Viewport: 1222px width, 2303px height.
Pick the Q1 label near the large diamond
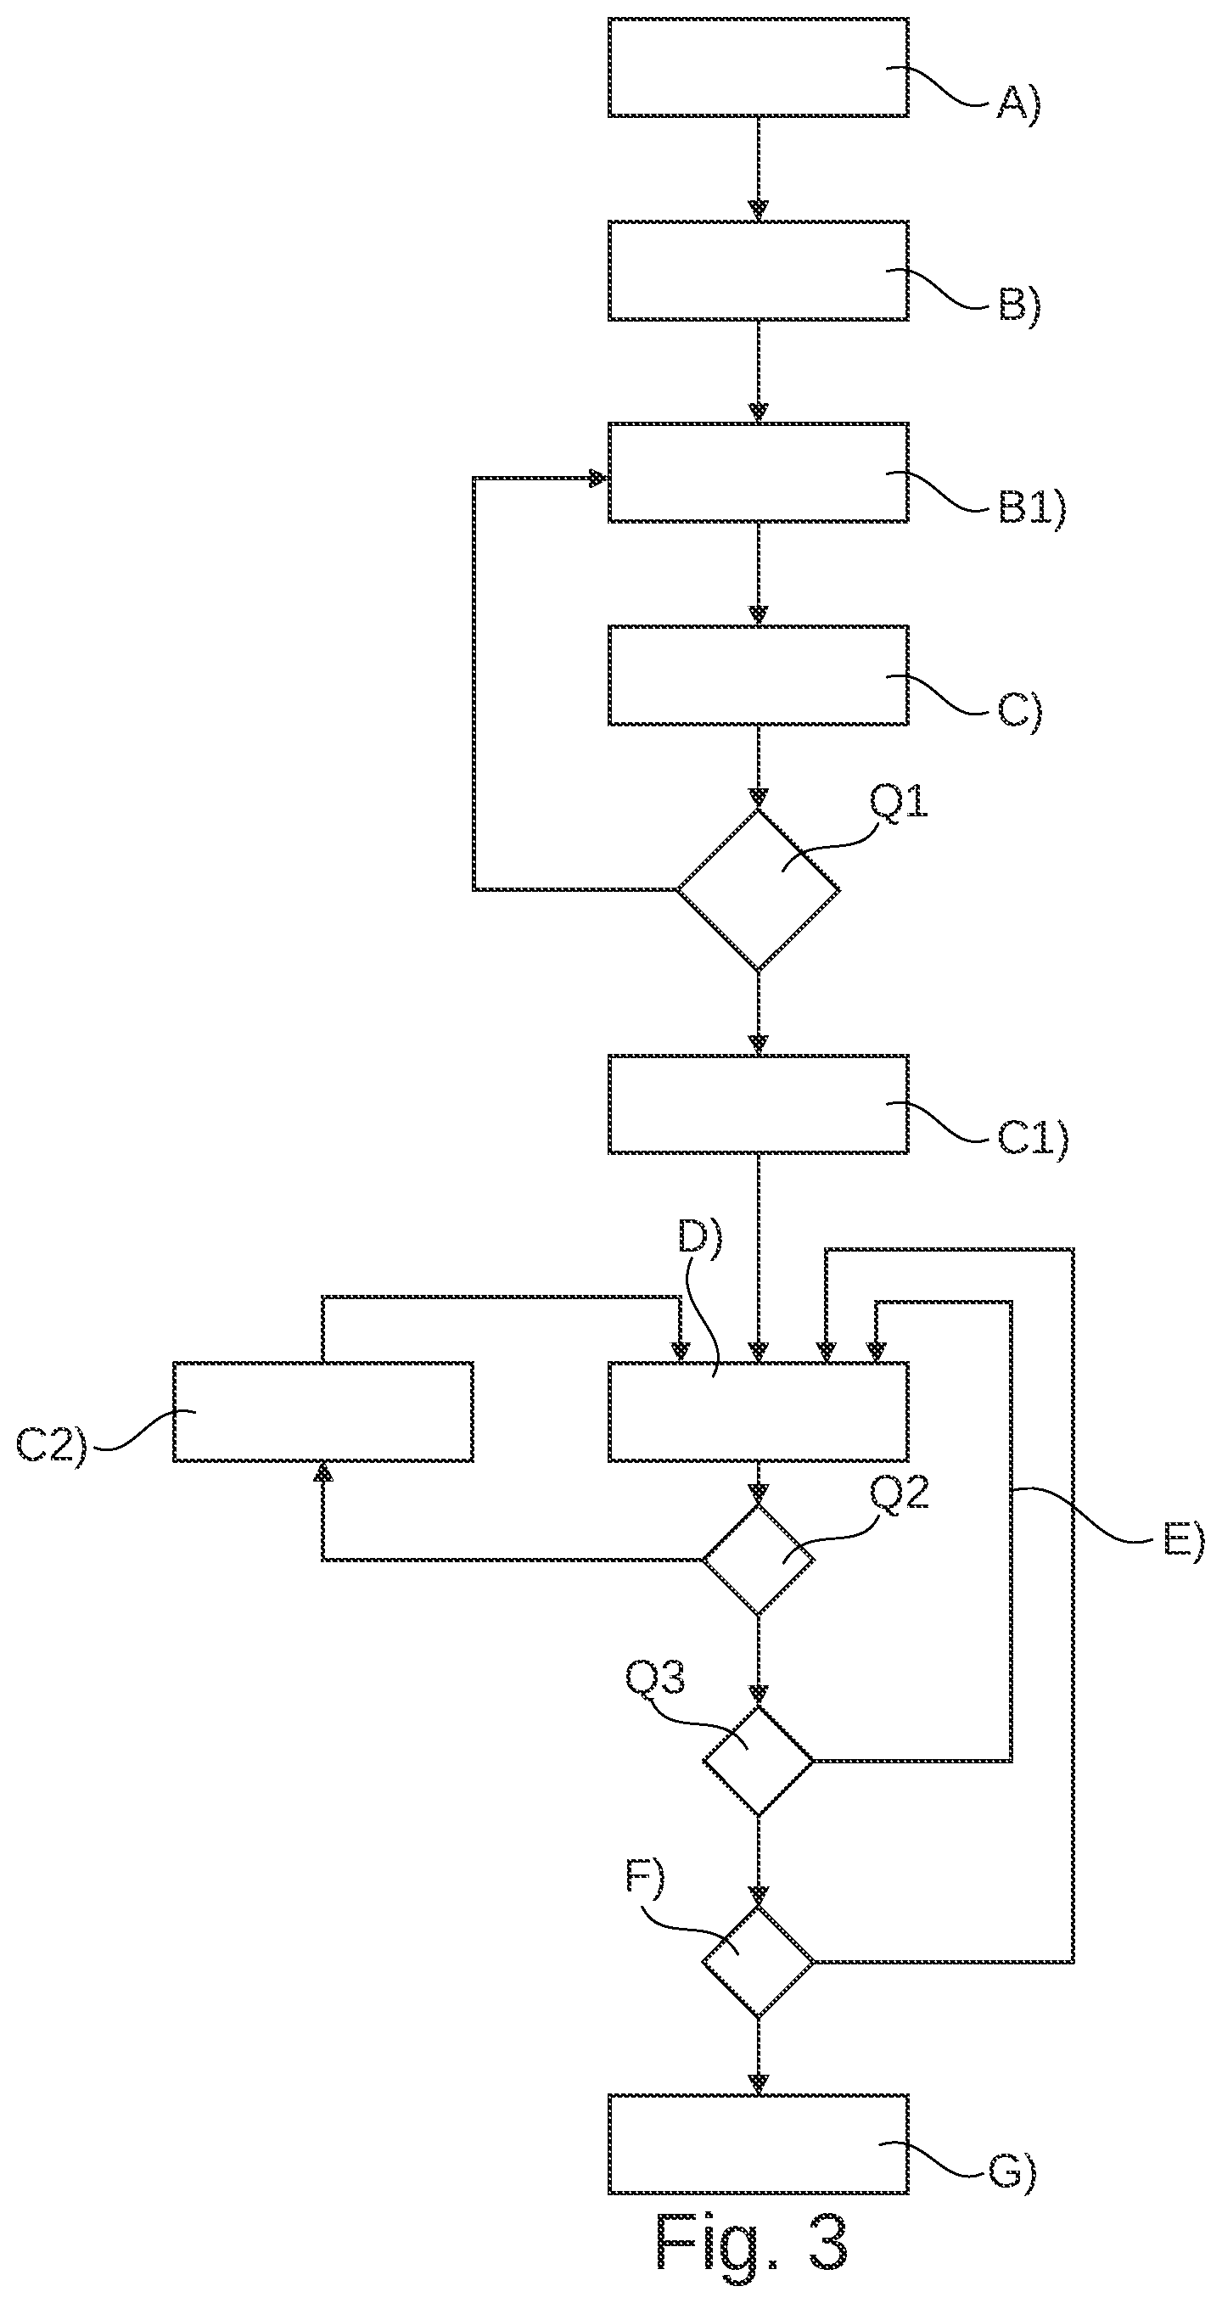900,803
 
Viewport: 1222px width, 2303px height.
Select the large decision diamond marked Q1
758,889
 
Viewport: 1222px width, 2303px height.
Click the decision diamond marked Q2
758,1559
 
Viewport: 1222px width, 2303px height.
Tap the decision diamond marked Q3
758,1760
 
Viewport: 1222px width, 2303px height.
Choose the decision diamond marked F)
758,1962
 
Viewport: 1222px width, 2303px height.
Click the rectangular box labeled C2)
322,1412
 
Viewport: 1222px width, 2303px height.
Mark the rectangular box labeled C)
758,675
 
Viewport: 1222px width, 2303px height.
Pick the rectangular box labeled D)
758,1412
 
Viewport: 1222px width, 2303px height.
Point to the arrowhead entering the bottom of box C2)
322,1472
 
